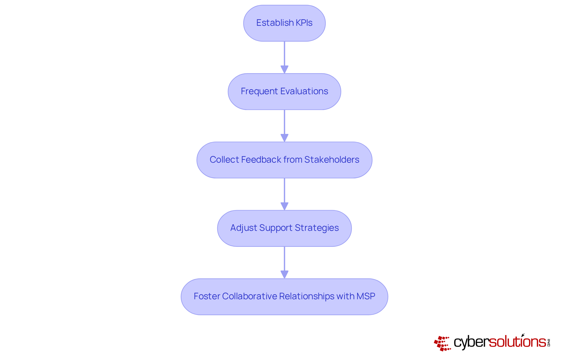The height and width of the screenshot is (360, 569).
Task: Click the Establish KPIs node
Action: coord(284,23)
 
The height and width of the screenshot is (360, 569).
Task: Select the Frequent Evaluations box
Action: coord(284,92)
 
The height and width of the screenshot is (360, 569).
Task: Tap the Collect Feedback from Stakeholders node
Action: coord(284,160)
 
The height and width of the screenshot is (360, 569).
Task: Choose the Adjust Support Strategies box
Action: coord(284,228)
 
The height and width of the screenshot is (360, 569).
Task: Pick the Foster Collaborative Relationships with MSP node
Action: coord(284,297)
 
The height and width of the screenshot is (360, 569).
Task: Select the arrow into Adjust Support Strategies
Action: coord(284,194)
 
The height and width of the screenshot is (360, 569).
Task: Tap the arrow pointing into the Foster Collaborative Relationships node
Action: coord(284,263)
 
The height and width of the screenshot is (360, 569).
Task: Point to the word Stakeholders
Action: coord(332,160)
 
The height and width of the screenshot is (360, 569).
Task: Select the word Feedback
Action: coord(261,160)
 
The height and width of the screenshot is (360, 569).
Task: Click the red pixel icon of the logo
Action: coord(442,343)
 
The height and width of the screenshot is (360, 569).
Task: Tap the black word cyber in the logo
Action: coord(471,342)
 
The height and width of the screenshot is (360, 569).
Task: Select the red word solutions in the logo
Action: coord(517,342)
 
